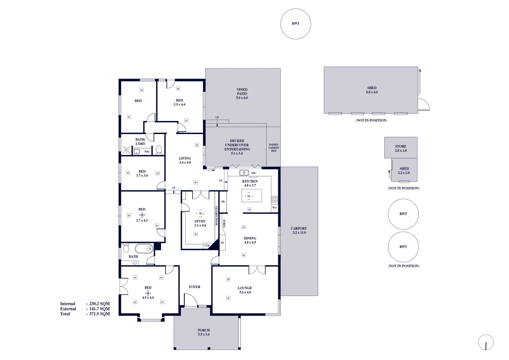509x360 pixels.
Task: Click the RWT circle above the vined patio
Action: pos(296,24)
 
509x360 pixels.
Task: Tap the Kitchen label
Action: pos(250,181)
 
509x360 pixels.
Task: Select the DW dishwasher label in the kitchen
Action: pos(254,173)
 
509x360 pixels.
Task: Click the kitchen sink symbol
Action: pos(244,173)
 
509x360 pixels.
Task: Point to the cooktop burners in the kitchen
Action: pos(274,199)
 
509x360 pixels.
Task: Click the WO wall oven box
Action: pos(274,208)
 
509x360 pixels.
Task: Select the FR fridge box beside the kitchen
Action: pos(223,202)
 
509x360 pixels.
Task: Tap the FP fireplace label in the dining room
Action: pos(222,243)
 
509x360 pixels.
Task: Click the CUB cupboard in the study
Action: pos(207,246)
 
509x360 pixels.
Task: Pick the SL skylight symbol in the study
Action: pos(200,213)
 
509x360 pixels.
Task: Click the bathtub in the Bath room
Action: pos(144,249)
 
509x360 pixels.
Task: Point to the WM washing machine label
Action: pos(147,152)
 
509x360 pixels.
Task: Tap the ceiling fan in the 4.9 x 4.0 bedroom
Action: pos(148,293)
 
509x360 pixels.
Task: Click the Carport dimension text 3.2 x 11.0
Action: pos(299,233)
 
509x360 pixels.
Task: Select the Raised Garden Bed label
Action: pos(274,148)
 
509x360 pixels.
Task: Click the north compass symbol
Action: pos(486,343)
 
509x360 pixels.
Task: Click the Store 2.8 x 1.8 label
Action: pos(401,148)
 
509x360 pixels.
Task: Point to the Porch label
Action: pos(204,330)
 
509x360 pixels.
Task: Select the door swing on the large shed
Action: pos(424,104)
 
